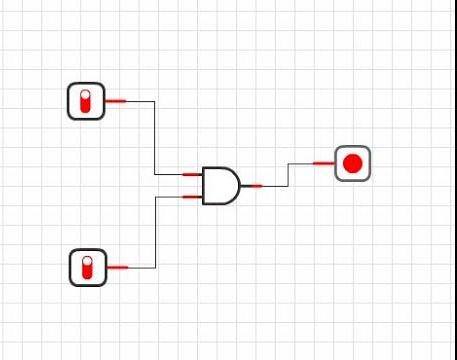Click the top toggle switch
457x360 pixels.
coord(86,101)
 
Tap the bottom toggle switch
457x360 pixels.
coord(87,267)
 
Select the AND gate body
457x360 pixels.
coord(220,185)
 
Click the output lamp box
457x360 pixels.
coord(352,163)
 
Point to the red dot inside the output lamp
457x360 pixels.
coord(352,163)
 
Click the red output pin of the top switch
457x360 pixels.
coord(116,101)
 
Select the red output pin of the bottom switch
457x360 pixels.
coord(117,267)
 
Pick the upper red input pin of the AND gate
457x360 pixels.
coord(193,175)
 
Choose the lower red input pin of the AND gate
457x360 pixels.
coord(193,196)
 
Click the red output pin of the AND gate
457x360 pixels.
coord(252,185)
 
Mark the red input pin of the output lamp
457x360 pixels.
coord(323,163)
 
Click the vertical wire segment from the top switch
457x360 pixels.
coord(155,138)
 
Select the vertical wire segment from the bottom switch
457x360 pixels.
coord(155,232)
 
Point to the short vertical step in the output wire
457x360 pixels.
coord(288,174)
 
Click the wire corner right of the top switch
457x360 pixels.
coord(155,101)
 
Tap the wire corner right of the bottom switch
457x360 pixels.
coord(155,267)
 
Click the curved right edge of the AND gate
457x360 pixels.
coord(239,185)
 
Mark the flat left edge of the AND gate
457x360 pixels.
coord(204,185)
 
